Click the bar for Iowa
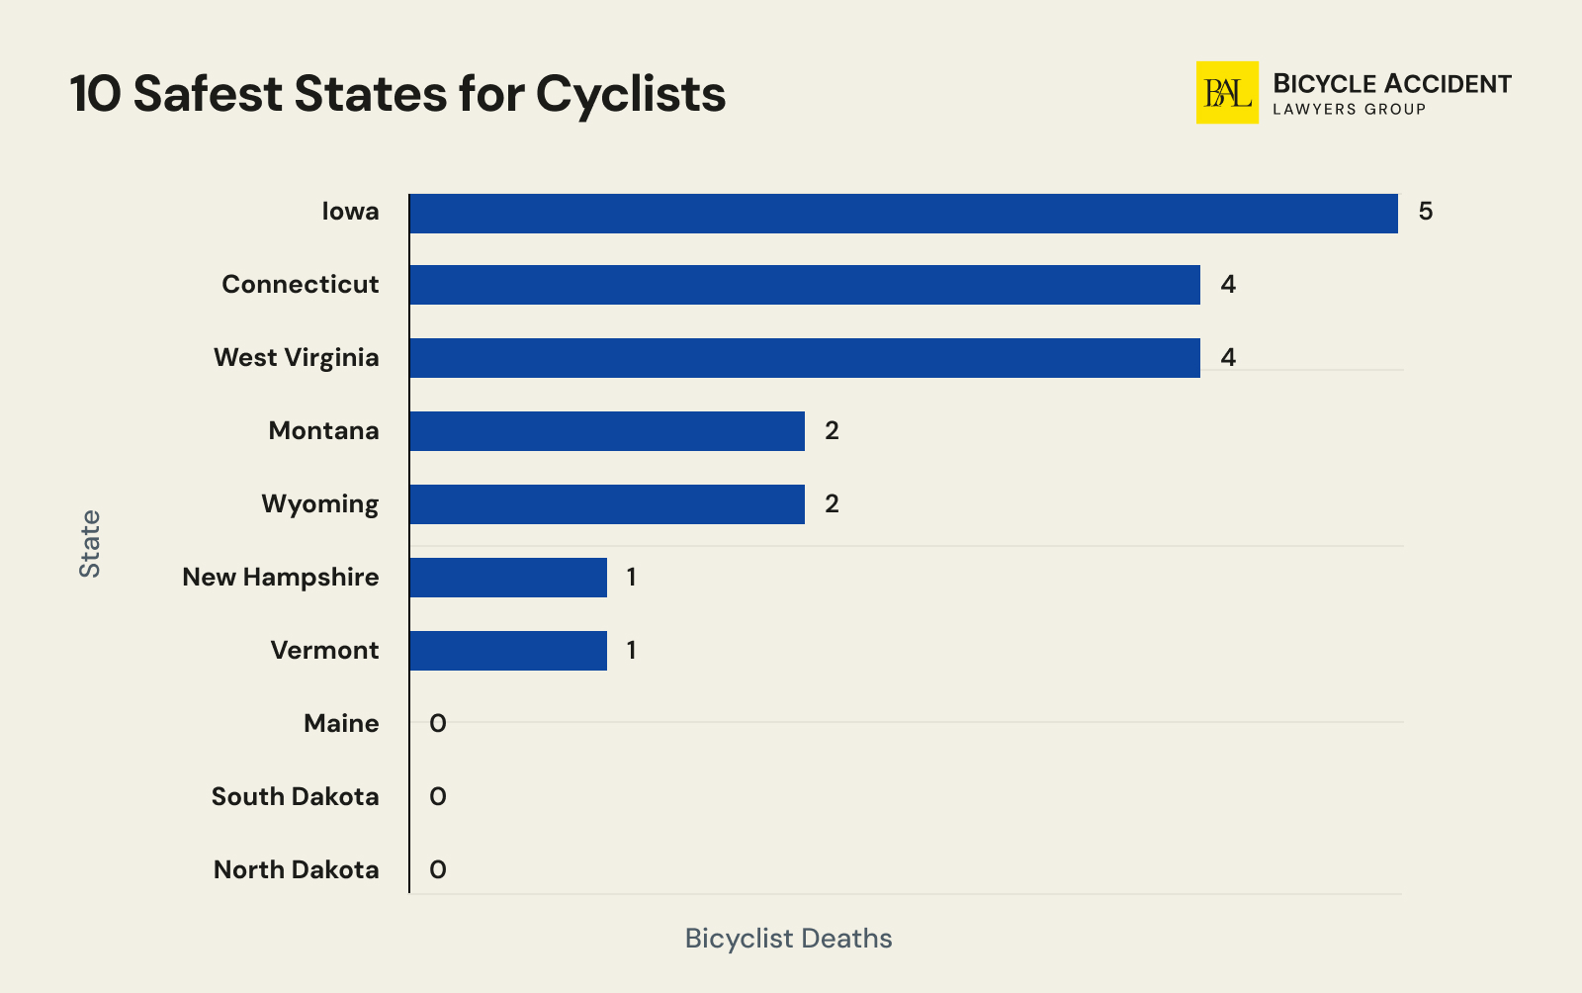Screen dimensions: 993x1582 (903, 214)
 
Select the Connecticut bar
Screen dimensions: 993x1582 (804, 285)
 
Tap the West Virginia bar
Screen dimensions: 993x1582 (804, 358)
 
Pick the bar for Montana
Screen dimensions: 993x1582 (606, 431)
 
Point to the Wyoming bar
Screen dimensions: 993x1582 (606, 504)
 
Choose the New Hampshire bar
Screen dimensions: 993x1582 (507, 578)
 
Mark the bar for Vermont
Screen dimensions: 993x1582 (507, 651)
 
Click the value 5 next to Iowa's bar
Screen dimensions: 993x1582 (1425, 212)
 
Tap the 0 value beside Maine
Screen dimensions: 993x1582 (438, 724)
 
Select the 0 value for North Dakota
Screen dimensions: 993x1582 (438, 870)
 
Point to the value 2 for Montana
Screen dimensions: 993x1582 (832, 431)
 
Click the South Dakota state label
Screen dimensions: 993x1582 (295, 797)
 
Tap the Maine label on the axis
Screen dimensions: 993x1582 (341, 724)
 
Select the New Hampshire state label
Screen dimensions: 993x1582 (280, 578)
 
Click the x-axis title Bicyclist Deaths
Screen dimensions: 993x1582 (788, 939)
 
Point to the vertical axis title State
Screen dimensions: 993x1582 (90, 544)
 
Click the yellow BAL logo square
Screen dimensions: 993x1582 (1227, 93)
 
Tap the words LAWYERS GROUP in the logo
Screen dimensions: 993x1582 (1349, 110)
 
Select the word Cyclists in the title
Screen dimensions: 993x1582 (631, 95)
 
